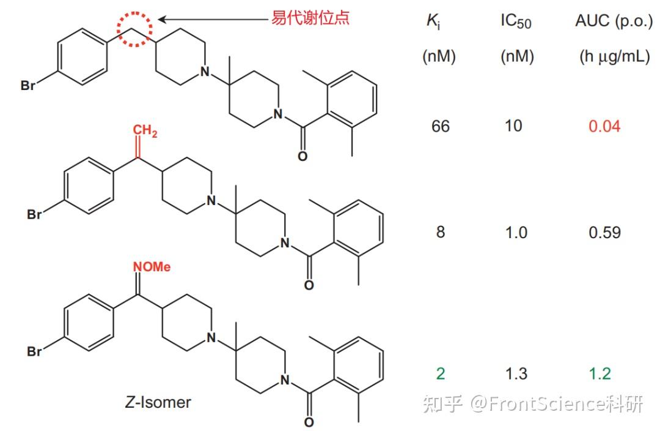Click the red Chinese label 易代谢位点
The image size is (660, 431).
[x=310, y=18]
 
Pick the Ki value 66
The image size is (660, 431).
[x=440, y=126]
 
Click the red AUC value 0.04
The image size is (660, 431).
[x=604, y=126]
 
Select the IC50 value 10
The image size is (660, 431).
[x=514, y=126]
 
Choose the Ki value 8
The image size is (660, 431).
[x=441, y=233]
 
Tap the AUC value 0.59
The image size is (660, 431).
[x=604, y=233]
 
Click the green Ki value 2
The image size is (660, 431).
[x=441, y=373]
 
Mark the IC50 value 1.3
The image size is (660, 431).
[x=516, y=373]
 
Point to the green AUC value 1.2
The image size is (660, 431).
[x=600, y=373]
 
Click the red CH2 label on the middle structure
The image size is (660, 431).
[x=145, y=131]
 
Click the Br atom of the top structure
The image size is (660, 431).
[x=28, y=86]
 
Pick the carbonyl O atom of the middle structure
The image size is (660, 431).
[x=309, y=285]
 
